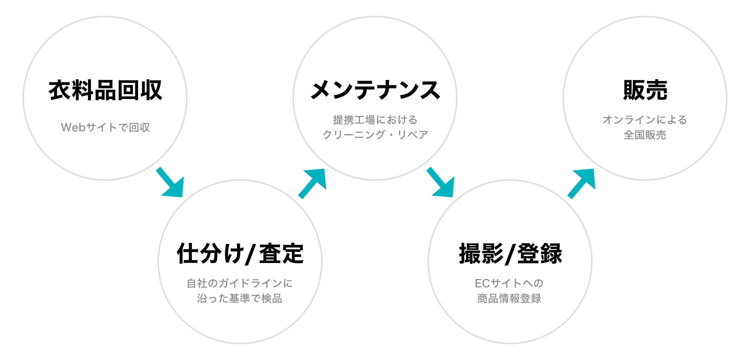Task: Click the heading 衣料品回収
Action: [105, 91]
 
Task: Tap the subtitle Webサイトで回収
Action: [105, 127]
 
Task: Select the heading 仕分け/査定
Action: [240, 253]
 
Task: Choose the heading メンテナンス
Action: [375, 90]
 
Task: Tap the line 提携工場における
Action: [375, 120]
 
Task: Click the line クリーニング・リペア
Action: [375, 135]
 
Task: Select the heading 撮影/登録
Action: [510, 253]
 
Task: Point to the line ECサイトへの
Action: [509, 283]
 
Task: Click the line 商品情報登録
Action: [509, 299]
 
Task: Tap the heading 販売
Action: [645, 90]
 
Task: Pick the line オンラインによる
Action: [645, 120]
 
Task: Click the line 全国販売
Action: [645, 135]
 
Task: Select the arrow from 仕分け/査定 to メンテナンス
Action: [312, 183]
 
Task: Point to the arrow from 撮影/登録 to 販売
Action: [582, 183]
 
